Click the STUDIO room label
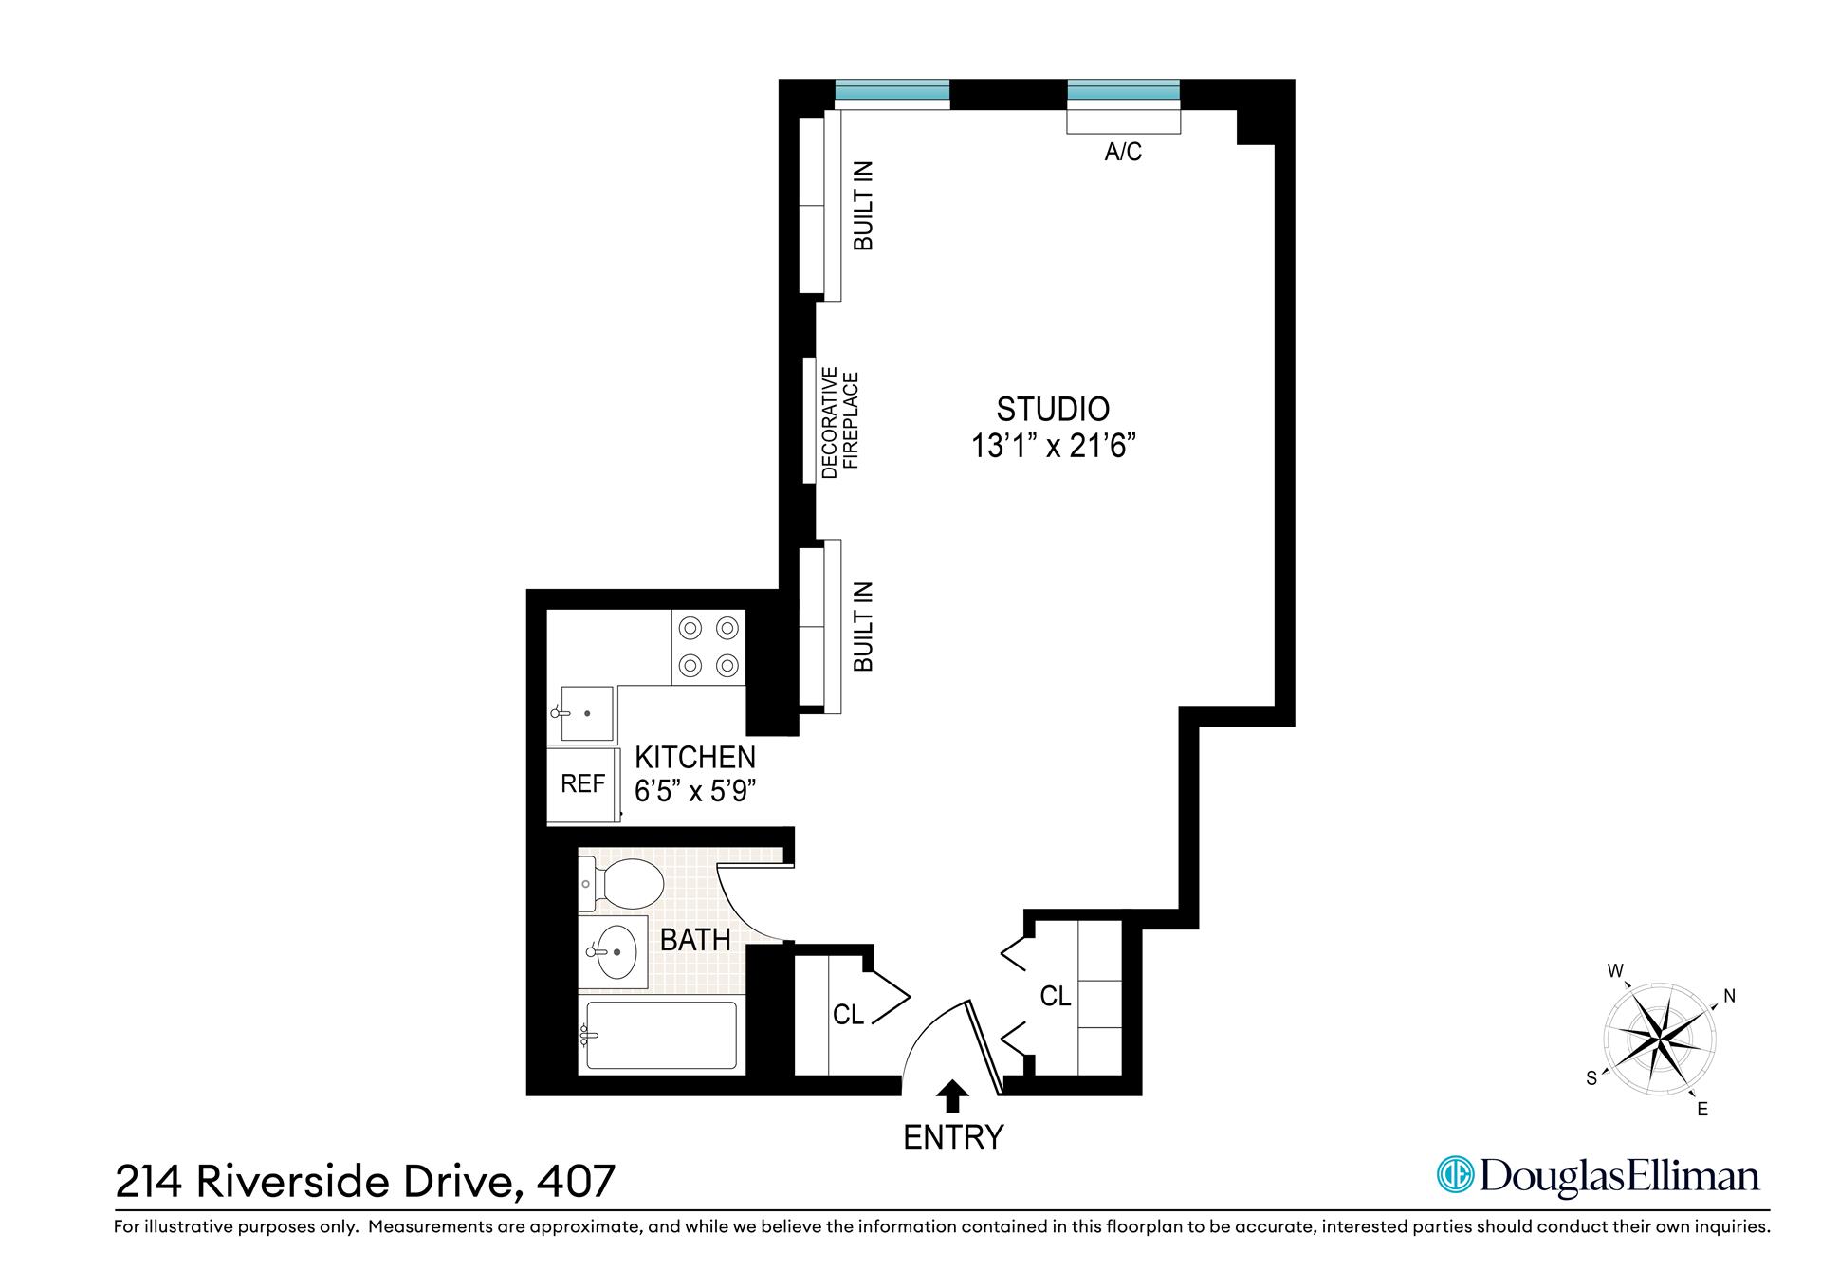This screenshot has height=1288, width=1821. [x=1053, y=409]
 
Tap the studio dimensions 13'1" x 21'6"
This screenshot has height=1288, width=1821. [x=1053, y=446]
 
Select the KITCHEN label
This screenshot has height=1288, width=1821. [x=694, y=758]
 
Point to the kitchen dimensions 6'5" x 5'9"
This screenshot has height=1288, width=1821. [x=694, y=791]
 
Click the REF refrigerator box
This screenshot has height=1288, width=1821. [x=582, y=784]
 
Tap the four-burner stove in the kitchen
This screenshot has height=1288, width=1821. [x=708, y=647]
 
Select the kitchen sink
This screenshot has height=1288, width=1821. [x=586, y=712]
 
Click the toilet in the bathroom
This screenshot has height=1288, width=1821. [x=622, y=884]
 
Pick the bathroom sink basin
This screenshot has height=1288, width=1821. [x=615, y=951]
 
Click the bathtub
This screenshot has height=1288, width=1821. [x=660, y=1038]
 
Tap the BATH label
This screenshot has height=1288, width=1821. [x=695, y=940]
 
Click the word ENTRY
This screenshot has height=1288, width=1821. [x=952, y=1137]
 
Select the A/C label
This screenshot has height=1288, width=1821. [x=1123, y=152]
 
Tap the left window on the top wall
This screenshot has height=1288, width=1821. [x=892, y=91]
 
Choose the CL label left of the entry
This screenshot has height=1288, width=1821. [x=848, y=1015]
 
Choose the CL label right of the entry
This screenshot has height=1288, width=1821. [x=1055, y=997]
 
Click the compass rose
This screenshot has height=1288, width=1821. [x=1658, y=1040]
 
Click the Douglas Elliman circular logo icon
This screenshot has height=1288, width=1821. [x=1455, y=1176]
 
